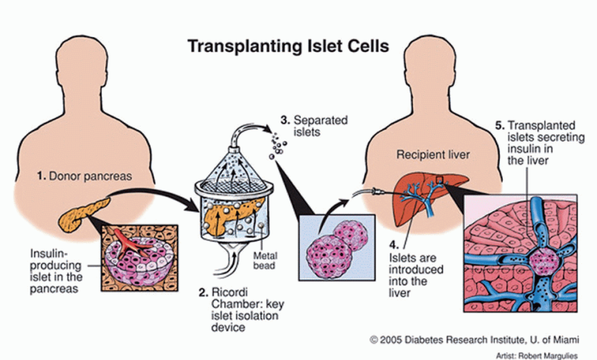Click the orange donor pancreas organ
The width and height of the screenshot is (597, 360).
coord(78,211)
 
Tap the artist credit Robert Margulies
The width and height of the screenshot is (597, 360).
coord(540,353)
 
